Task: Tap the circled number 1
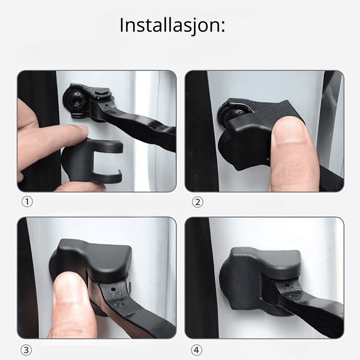(27, 202)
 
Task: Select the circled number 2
(197, 202)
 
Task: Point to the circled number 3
(26, 350)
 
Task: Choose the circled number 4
(197, 350)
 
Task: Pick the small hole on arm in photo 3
(112, 288)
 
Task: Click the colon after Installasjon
(222, 26)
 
